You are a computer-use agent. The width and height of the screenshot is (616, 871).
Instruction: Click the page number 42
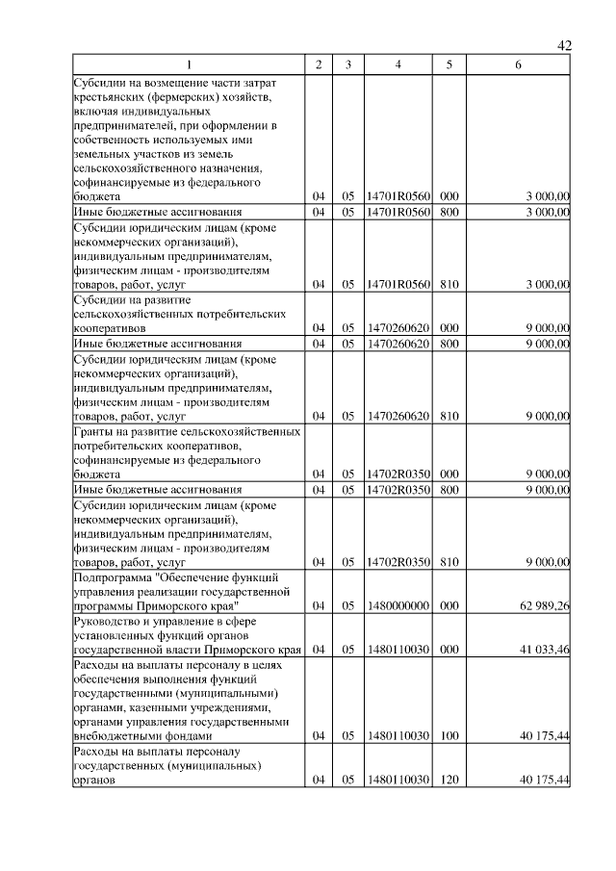(x=565, y=45)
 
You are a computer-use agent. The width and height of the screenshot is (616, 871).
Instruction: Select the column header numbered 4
(x=398, y=64)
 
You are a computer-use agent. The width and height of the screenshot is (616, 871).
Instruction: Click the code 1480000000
(x=398, y=605)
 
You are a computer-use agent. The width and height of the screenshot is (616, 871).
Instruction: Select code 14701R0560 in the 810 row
(x=398, y=284)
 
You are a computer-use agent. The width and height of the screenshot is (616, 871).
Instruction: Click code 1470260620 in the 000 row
(x=398, y=327)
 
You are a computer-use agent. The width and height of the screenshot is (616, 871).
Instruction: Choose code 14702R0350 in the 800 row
(x=398, y=490)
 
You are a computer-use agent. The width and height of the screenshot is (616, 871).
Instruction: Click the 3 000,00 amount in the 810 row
(x=545, y=284)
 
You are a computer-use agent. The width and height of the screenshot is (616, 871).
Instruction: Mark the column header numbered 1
(x=189, y=64)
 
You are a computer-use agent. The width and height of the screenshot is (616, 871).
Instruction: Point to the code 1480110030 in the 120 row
(x=398, y=781)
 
